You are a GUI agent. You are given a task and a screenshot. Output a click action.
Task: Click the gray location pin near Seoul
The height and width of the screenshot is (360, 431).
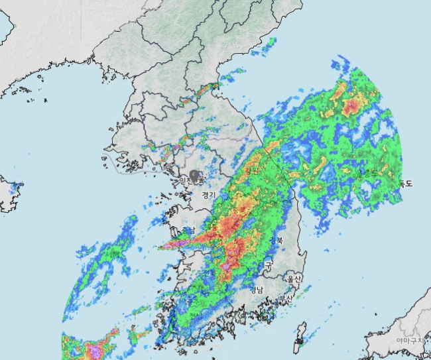coord(194,176)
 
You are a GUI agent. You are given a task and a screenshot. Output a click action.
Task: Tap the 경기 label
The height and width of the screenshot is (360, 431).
coord(208,195)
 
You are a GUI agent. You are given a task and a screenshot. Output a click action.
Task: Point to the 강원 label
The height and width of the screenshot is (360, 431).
coord(251,170)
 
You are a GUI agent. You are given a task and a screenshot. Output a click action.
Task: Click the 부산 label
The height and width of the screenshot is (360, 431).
coord(287,298)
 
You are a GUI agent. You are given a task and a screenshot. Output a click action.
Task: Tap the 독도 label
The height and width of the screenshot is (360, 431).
coord(405,184)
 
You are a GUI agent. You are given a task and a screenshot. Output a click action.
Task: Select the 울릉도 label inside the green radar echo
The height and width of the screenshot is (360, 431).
coord(363,174)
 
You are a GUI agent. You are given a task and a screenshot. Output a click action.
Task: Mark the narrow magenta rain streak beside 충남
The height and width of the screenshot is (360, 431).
coord(174,245)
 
